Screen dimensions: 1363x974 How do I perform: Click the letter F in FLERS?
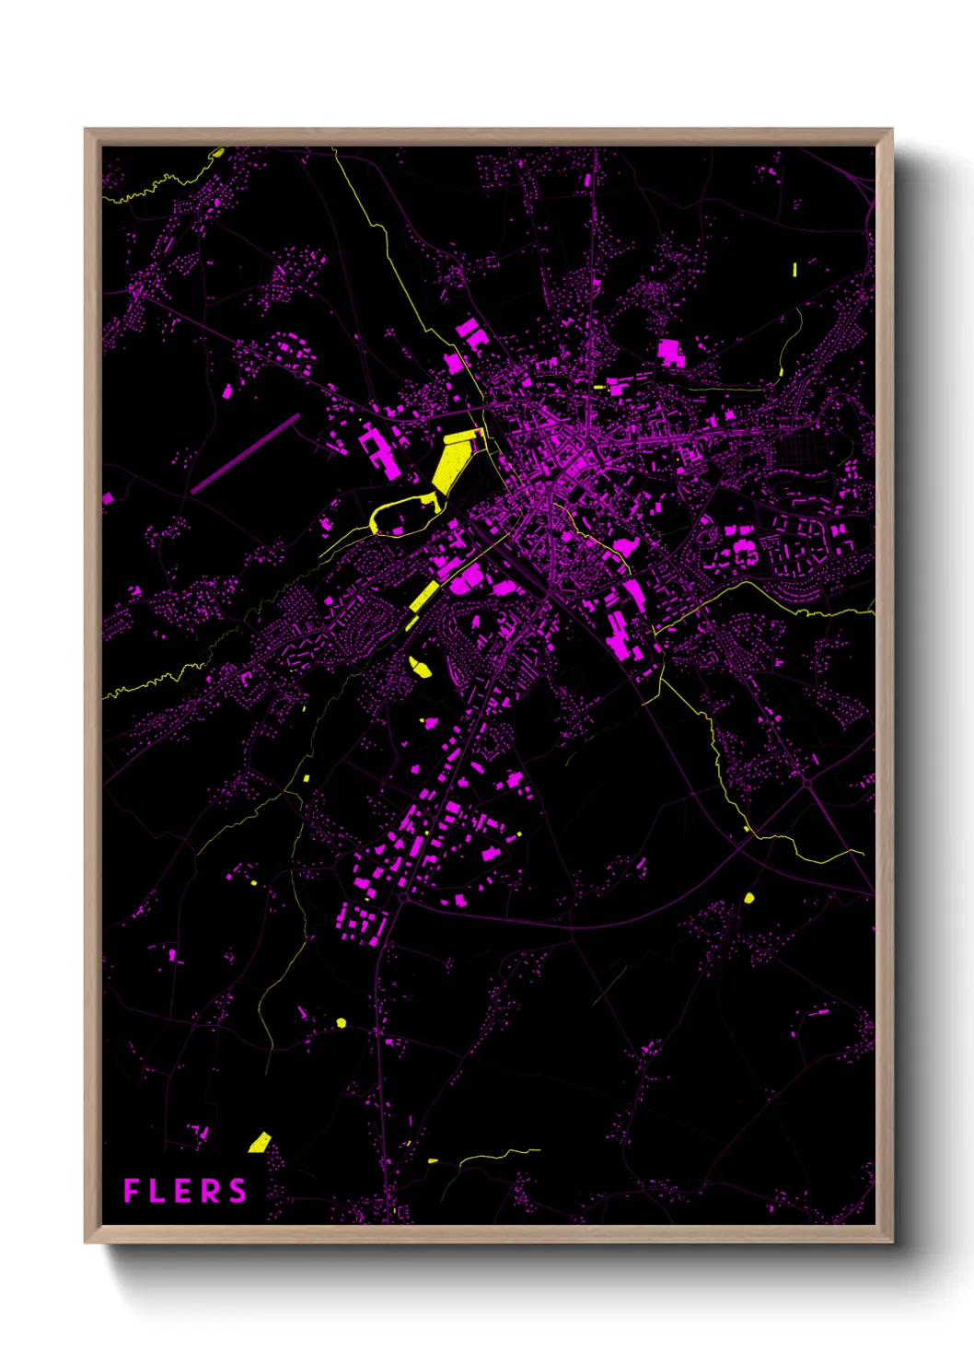[x=131, y=1191]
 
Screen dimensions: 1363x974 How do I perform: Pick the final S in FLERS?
[x=238, y=1191]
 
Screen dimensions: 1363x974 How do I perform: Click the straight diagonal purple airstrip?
[x=245, y=454]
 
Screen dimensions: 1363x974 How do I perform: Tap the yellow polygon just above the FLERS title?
[x=260, y=1143]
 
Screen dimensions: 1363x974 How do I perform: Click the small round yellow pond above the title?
[x=341, y=1022]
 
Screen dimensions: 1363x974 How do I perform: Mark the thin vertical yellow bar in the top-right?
[x=794, y=269]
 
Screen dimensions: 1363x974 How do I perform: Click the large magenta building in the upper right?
[x=670, y=353]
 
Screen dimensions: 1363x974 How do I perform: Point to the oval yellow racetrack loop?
[x=402, y=516]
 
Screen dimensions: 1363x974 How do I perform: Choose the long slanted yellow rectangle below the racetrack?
[x=423, y=596]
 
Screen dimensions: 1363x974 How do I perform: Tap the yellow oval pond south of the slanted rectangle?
[x=421, y=668]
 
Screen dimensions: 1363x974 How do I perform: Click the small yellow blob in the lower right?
[x=748, y=897]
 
